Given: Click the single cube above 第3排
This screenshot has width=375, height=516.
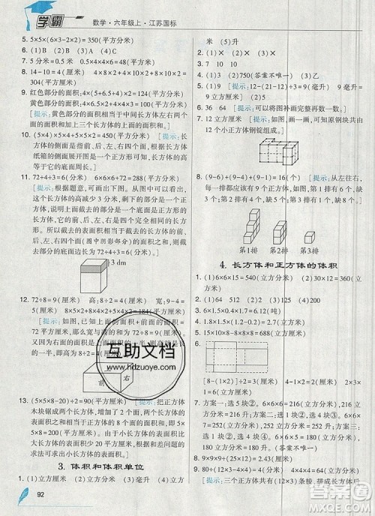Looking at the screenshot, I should [x=306, y=233].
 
